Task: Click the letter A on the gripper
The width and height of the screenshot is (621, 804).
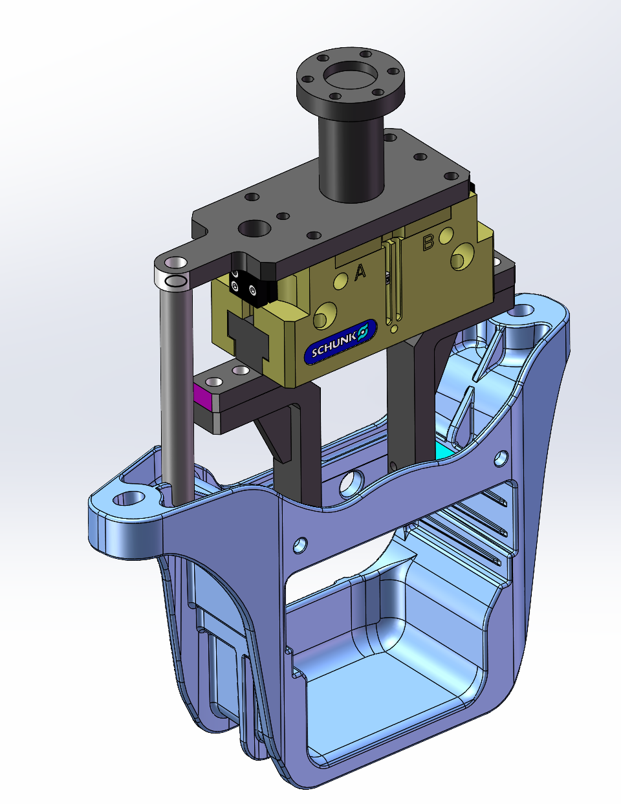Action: (360, 272)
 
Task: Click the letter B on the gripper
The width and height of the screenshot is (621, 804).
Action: (428, 243)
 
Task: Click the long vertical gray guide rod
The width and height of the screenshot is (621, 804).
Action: (177, 392)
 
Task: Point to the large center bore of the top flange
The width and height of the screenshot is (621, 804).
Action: (350, 75)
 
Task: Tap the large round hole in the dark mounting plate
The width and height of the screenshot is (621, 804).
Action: (254, 228)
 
